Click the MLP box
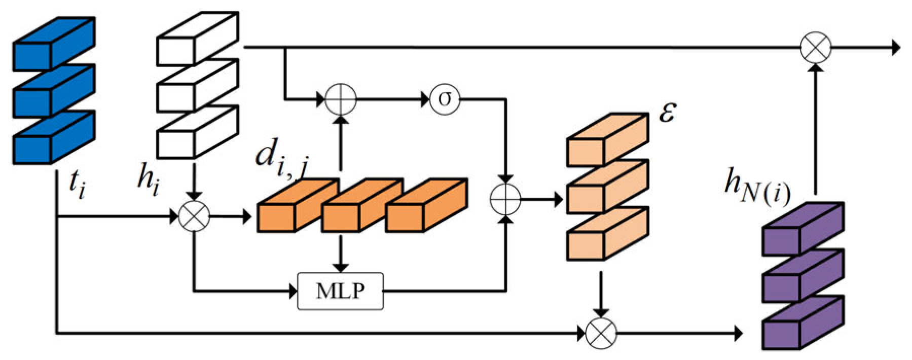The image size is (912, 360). pos(340,291)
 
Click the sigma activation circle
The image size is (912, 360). pos(445,99)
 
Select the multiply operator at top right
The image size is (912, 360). pos(816,48)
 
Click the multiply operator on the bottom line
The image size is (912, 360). pos(601,334)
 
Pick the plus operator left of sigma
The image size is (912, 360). pos(340,99)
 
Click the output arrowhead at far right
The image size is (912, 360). pos(895,48)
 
